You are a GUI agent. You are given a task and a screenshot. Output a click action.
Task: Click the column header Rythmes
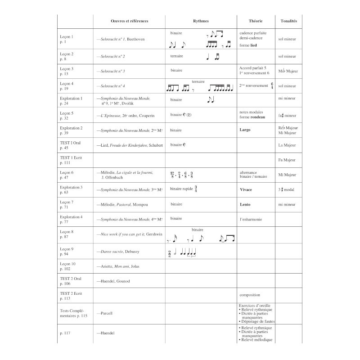click(x=201, y=21)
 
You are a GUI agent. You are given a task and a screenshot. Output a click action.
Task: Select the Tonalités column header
click(x=288, y=21)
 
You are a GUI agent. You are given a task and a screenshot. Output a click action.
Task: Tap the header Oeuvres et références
click(x=129, y=21)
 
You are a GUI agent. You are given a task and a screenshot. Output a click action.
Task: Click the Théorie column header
click(x=256, y=21)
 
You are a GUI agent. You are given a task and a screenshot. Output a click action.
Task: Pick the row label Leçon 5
click(x=67, y=113)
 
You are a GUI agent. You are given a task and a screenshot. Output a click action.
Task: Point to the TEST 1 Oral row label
click(x=71, y=143)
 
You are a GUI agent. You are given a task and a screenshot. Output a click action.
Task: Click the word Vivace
click(x=246, y=189)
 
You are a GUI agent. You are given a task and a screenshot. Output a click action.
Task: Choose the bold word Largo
click(x=245, y=130)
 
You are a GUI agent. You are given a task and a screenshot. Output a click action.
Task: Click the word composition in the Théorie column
click(x=250, y=295)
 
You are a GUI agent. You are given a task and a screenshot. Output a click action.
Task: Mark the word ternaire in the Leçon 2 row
click(x=177, y=56)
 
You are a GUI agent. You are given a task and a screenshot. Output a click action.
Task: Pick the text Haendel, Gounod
click(x=113, y=281)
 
